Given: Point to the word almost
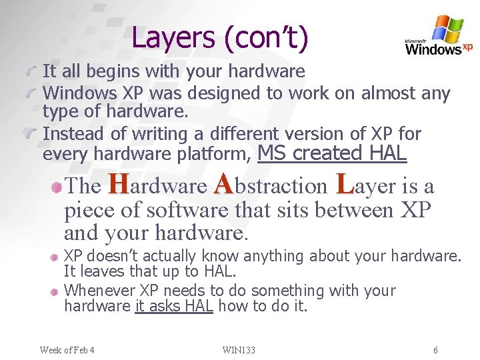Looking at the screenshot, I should [x=387, y=93].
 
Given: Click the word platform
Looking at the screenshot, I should [x=213, y=155].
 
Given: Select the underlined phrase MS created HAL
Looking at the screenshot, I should [x=331, y=153].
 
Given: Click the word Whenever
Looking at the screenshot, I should [x=100, y=291].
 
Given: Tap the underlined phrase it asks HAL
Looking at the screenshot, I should [x=173, y=306].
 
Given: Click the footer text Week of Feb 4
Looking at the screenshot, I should [x=67, y=350].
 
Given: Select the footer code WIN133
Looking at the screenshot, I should [x=239, y=350].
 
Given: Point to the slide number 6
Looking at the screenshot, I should [x=435, y=350].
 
